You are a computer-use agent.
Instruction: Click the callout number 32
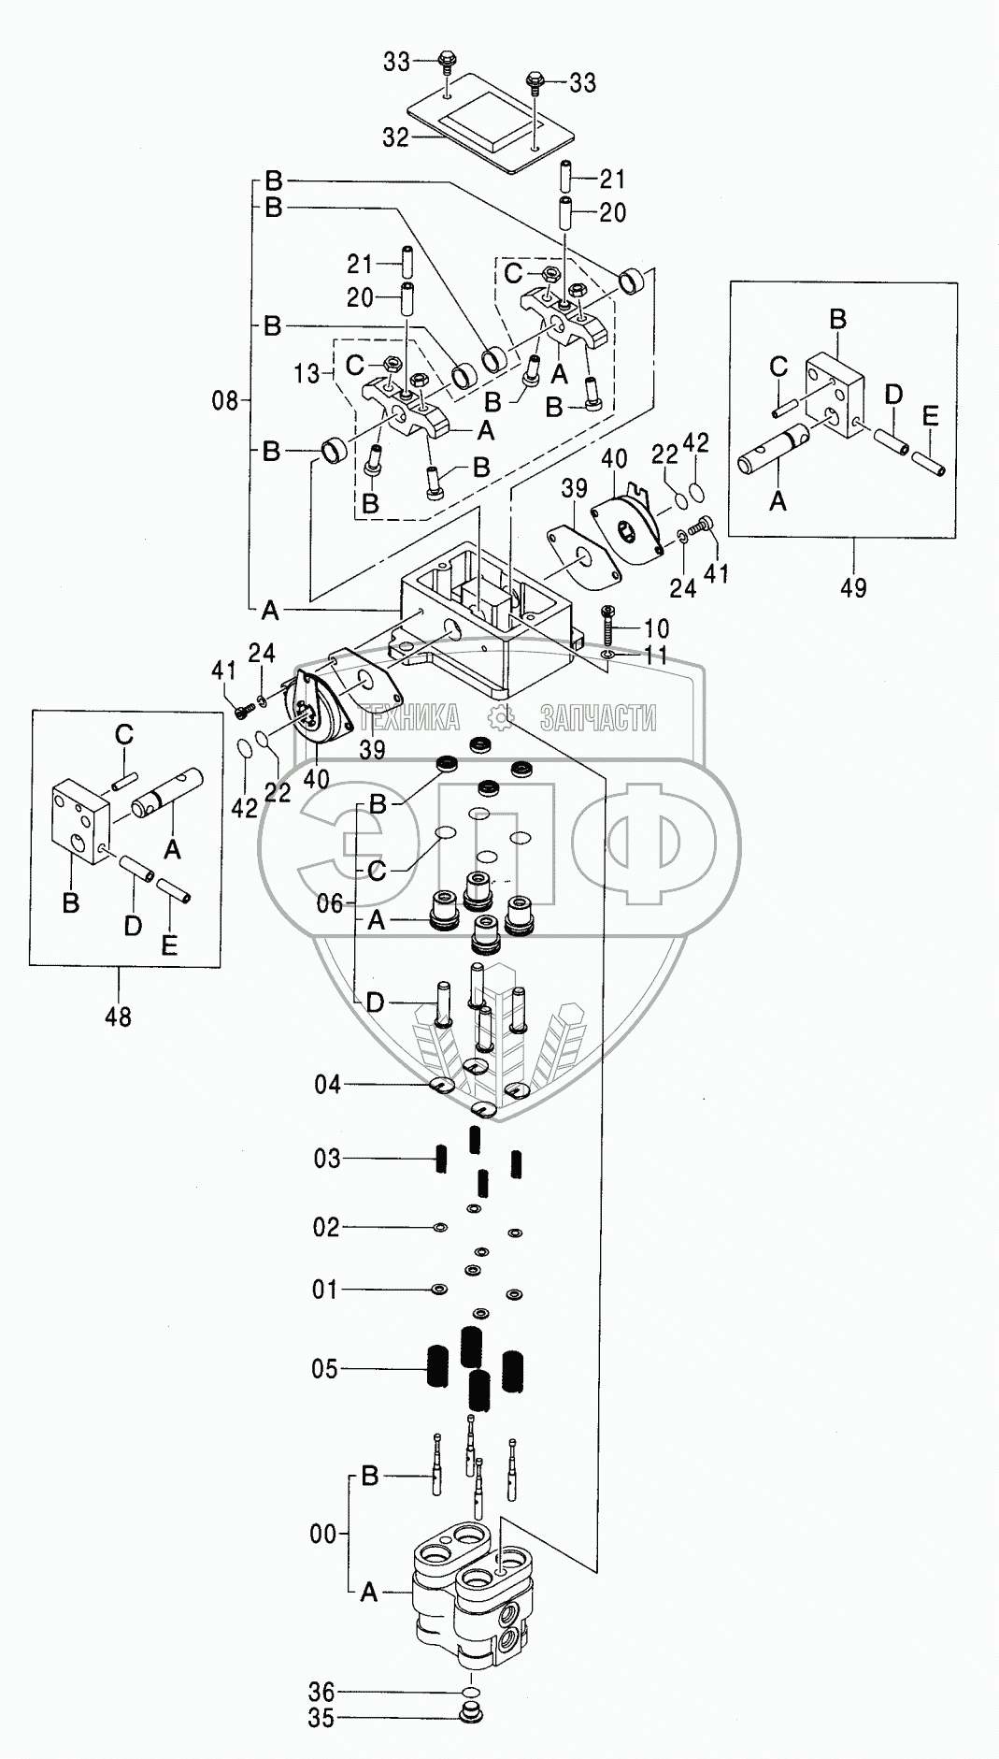[x=396, y=137]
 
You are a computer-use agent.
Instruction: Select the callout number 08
[x=226, y=402]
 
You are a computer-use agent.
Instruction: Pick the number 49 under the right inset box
[x=852, y=587]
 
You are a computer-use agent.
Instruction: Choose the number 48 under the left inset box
[x=118, y=1016]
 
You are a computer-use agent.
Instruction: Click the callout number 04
[x=328, y=1084]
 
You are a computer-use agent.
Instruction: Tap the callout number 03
[x=327, y=1159]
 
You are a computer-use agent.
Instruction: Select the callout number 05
[x=325, y=1369]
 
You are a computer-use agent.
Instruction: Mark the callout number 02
[x=326, y=1227]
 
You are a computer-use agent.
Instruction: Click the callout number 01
[x=324, y=1290]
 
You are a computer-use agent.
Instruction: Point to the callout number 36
[x=322, y=1693]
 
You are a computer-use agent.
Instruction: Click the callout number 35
[x=321, y=1719]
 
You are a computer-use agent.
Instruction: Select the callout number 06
[x=330, y=903]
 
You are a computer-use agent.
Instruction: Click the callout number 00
[x=323, y=1535]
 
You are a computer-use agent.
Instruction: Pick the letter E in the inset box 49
[x=930, y=417]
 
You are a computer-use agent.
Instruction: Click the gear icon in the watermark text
[x=501, y=717]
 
